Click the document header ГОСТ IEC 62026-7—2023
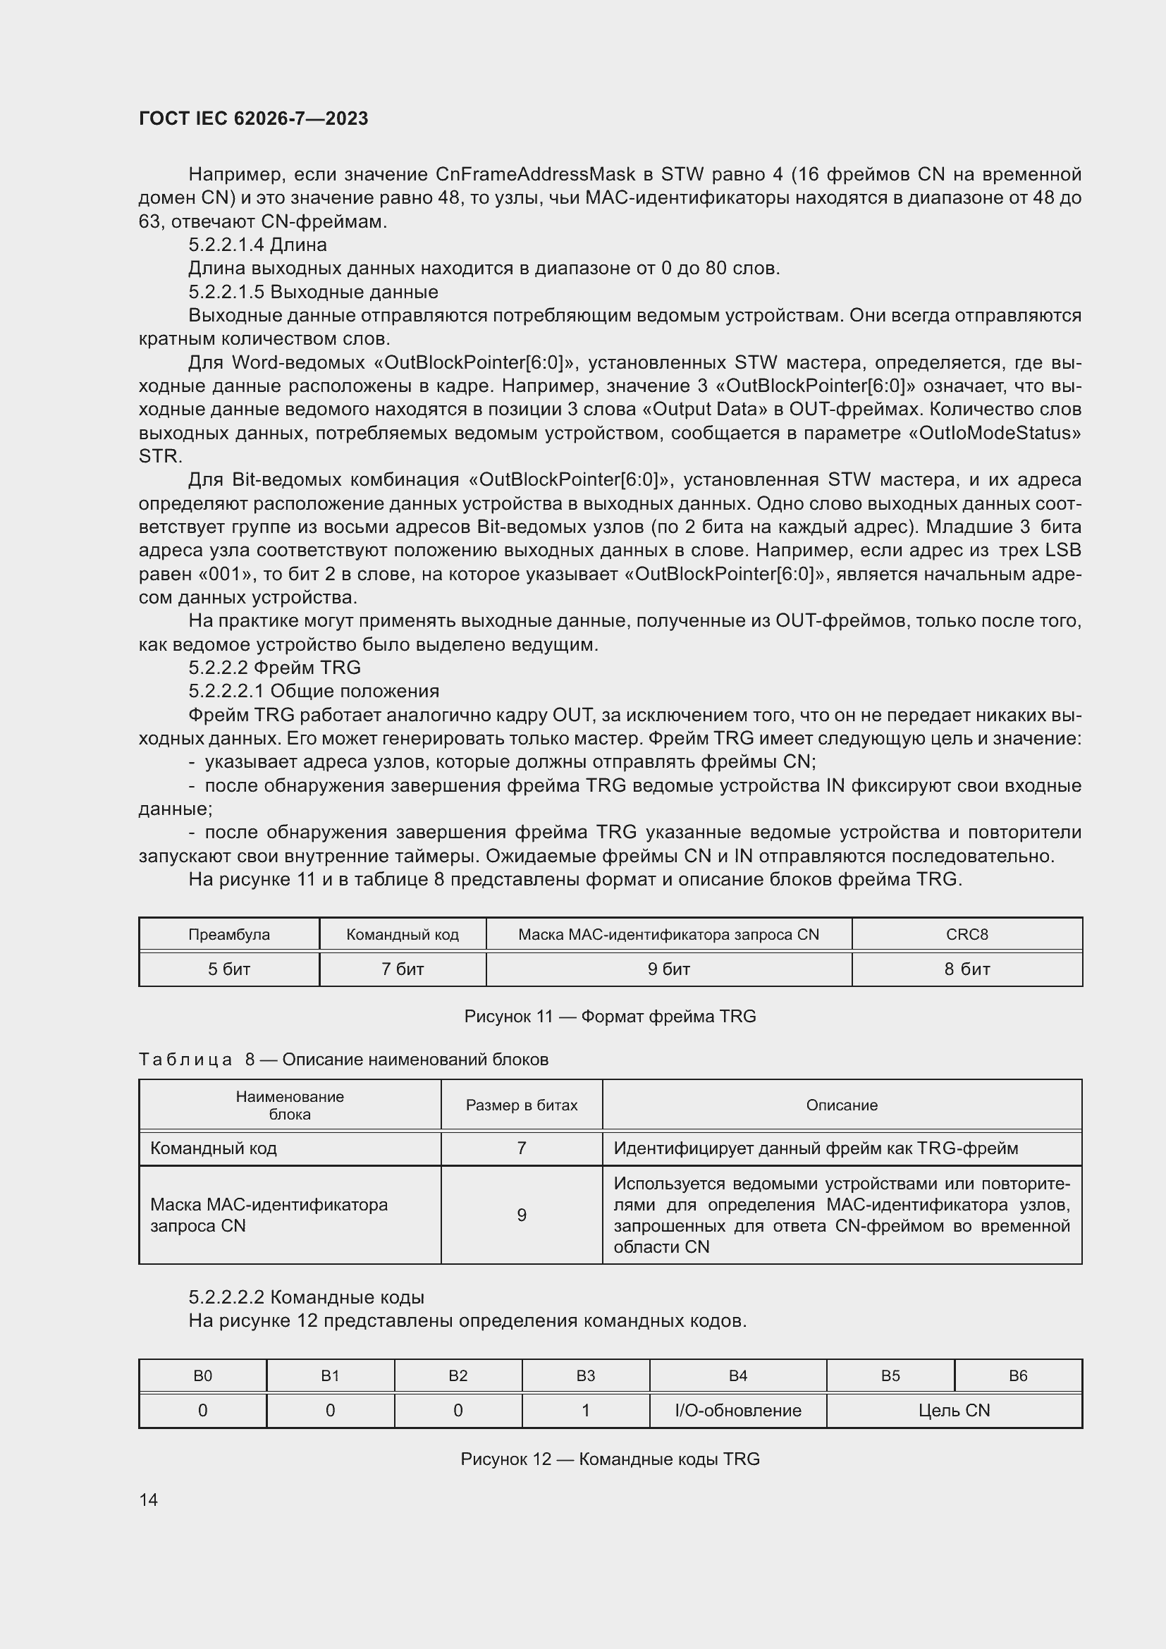[x=254, y=118]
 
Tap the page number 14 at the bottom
[x=149, y=1500]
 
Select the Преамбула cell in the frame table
[x=229, y=934]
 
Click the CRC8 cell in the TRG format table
[x=966, y=934]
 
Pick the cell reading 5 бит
[x=229, y=969]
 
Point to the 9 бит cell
[x=668, y=969]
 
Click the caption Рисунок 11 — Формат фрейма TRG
[x=610, y=1017]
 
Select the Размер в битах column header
[x=521, y=1105]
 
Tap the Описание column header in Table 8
[x=842, y=1105]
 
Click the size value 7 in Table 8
[x=521, y=1148]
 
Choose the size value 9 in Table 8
[x=521, y=1215]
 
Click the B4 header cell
[x=738, y=1375]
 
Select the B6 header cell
[x=1017, y=1375]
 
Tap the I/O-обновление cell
[x=738, y=1411]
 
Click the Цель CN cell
[x=954, y=1411]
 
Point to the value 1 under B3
[x=585, y=1411]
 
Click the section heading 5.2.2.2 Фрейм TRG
[x=274, y=668]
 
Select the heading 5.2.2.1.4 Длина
[x=257, y=245]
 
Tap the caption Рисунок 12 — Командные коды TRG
[x=610, y=1459]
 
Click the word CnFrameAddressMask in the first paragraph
[x=536, y=175]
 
